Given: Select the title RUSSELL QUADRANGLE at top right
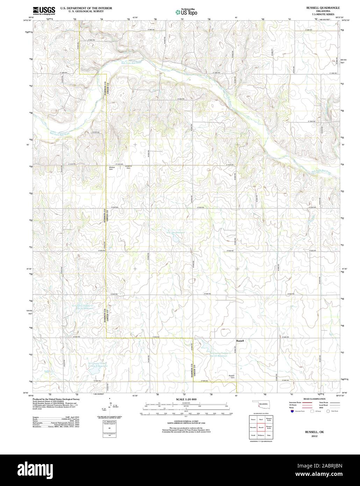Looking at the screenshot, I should point(323,7).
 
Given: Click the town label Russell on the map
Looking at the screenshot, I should point(240,340).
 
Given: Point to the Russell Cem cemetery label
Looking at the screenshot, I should point(231,377).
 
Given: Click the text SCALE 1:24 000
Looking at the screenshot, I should point(186,399).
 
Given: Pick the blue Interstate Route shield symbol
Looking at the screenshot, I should point(292,412).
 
